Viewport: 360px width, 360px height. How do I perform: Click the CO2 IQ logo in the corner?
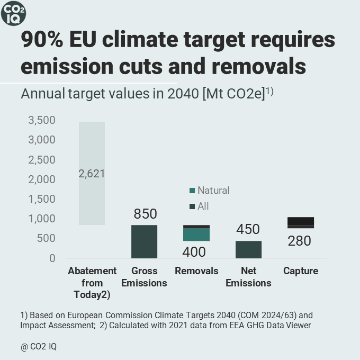(x=13, y=13)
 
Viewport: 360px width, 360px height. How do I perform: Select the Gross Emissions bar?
(x=144, y=241)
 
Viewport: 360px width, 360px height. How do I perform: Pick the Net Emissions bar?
(x=248, y=249)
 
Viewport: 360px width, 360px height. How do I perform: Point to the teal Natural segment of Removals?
(x=196, y=235)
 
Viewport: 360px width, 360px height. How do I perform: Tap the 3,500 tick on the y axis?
(x=41, y=121)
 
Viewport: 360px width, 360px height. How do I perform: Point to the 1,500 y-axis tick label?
(x=41, y=199)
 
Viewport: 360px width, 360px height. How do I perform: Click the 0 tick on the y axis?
(x=51, y=258)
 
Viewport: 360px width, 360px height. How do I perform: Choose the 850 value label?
(x=145, y=214)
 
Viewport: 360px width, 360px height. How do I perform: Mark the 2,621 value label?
(x=92, y=174)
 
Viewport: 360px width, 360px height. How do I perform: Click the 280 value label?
(x=299, y=241)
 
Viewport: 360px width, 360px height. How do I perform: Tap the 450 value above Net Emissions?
(x=248, y=229)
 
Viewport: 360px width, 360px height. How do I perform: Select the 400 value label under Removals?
(x=194, y=252)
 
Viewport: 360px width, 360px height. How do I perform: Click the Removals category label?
(x=196, y=271)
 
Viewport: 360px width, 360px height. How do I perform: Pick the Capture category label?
(x=301, y=271)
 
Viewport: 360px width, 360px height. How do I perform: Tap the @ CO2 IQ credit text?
(x=39, y=347)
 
